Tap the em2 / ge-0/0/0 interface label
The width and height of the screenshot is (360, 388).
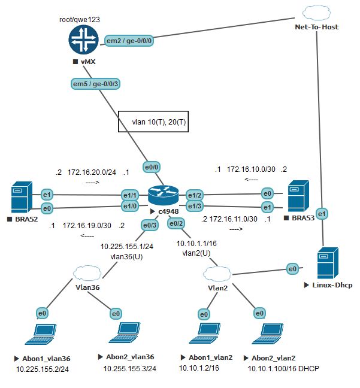128,40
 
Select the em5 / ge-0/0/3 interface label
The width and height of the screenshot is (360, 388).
95,84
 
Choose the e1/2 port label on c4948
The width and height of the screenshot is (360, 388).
195,196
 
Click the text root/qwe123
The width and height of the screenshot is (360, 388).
79,19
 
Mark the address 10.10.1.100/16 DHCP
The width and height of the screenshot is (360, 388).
279,369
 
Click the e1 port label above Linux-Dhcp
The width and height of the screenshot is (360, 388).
322,214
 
